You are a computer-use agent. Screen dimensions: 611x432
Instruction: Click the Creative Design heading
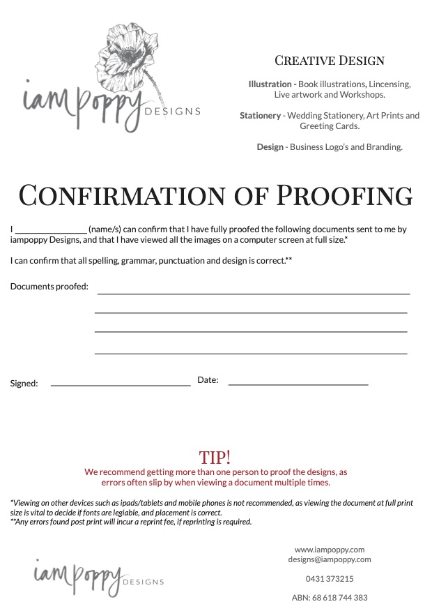click(329, 61)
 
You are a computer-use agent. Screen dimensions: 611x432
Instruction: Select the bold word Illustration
click(272, 84)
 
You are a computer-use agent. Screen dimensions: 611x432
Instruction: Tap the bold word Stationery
click(260, 116)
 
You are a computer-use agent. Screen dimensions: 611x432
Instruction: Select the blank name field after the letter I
click(51, 229)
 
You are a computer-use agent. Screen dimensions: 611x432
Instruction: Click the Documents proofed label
click(49, 287)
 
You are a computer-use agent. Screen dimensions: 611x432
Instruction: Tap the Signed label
click(24, 384)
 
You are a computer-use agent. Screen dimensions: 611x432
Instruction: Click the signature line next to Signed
click(121, 384)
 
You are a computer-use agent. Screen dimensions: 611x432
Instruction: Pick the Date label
click(208, 380)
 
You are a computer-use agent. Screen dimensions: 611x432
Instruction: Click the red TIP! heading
click(215, 458)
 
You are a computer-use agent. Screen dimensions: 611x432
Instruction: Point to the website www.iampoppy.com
click(330, 550)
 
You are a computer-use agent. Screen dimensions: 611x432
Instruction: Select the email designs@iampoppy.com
click(330, 559)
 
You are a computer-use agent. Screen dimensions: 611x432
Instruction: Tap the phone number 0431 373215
click(330, 579)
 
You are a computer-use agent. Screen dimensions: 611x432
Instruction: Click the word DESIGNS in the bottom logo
click(143, 582)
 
